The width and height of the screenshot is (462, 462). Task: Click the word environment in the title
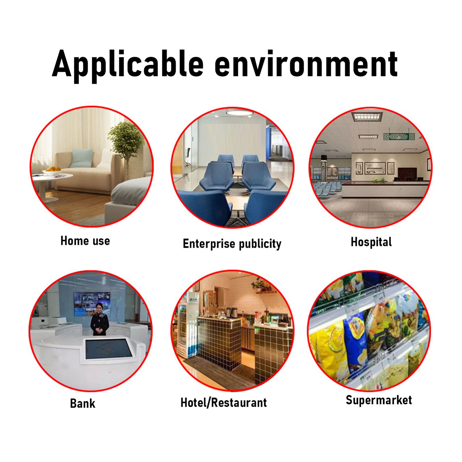pyautogui.click(x=306, y=64)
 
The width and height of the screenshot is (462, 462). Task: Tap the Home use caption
pyautogui.click(x=85, y=241)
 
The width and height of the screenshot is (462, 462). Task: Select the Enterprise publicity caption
pyautogui.click(x=232, y=244)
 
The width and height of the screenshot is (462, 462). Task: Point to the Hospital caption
pyautogui.click(x=371, y=242)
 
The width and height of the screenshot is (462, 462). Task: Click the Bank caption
pyautogui.click(x=83, y=403)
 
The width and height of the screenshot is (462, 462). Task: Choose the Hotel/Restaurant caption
pyautogui.click(x=224, y=403)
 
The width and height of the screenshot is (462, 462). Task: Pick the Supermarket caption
pyautogui.click(x=379, y=400)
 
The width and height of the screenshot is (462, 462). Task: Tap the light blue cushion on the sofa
pyautogui.click(x=82, y=158)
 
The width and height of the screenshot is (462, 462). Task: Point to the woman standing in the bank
pyautogui.click(x=100, y=319)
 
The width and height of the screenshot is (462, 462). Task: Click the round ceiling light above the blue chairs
pyautogui.click(x=239, y=113)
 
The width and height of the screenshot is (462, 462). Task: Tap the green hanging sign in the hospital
pyautogui.click(x=399, y=136)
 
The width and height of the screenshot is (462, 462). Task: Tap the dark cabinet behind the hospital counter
pyautogui.click(x=407, y=173)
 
